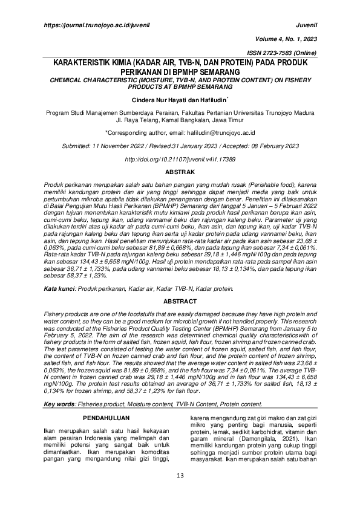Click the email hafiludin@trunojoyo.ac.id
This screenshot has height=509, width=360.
coord(220,131)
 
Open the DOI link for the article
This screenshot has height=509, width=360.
coord(180,159)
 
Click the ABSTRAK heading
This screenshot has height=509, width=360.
coord(180,172)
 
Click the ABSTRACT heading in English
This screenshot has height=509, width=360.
coord(180,300)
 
